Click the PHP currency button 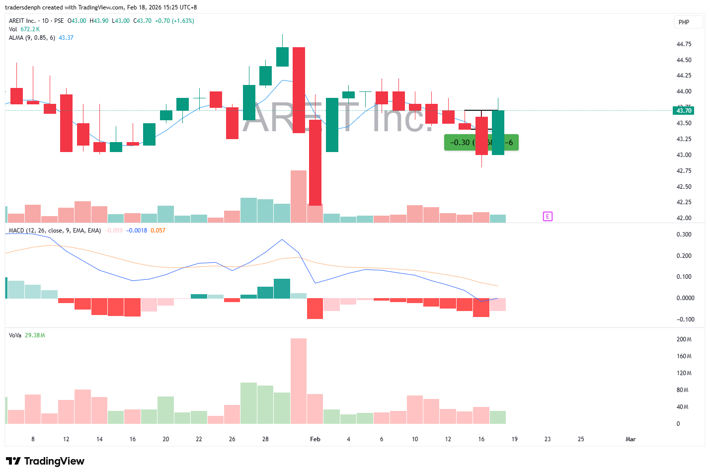684,22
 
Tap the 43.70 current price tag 684,111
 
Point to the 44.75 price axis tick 684,44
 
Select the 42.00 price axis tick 684,218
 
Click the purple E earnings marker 548,216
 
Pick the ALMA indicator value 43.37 66,38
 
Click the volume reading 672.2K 30,29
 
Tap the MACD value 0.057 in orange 158,231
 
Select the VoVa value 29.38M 35,335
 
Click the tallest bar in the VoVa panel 299,381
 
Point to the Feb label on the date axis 315,439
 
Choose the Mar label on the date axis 631,439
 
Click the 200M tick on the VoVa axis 684,339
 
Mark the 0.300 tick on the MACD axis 684,235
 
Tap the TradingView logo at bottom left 45,461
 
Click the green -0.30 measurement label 460,143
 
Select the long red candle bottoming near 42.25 315,162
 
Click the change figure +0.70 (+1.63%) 174,21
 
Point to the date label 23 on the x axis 548,439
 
